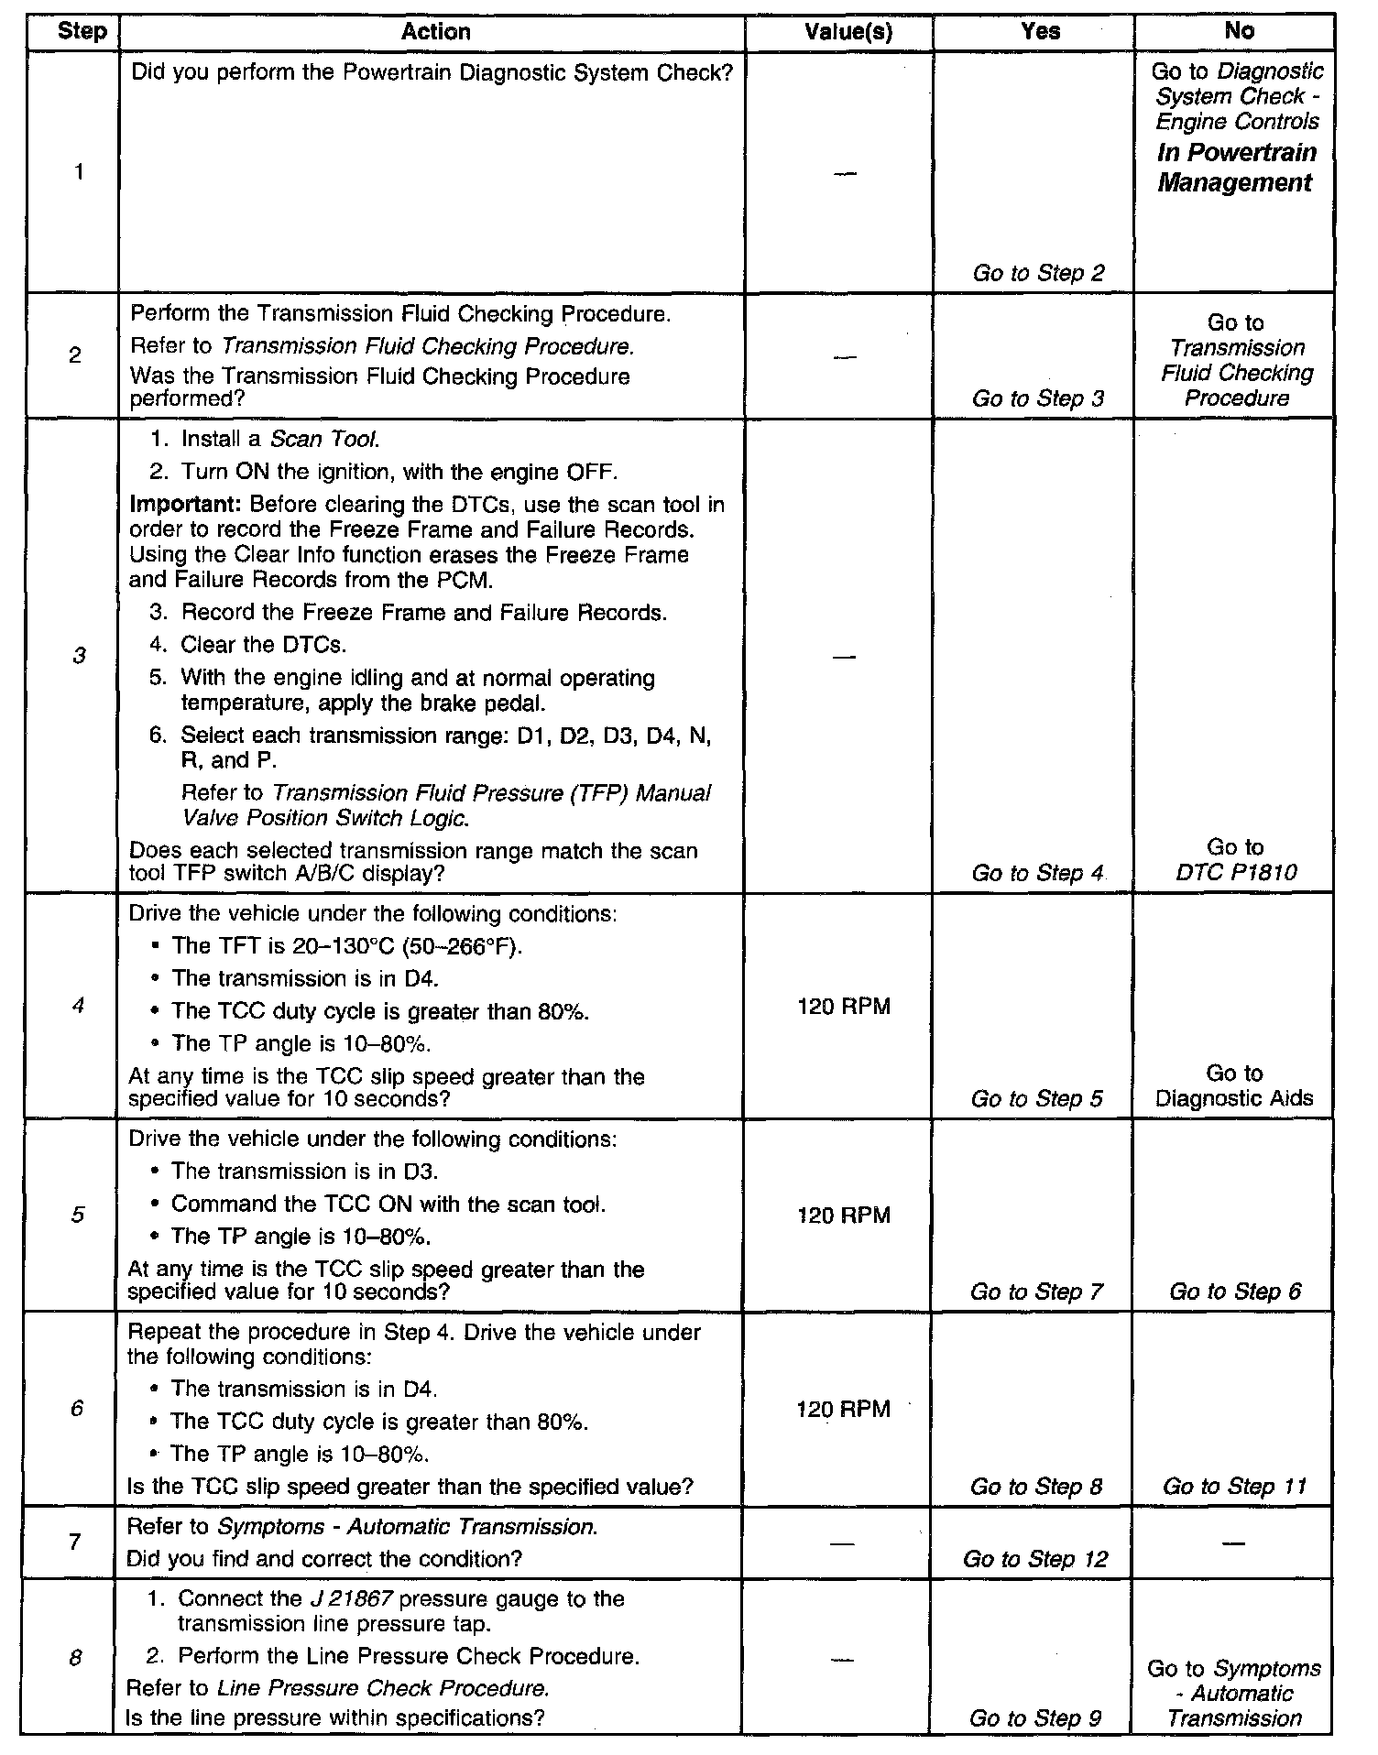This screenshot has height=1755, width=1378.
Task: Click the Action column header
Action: click(x=435, y=32)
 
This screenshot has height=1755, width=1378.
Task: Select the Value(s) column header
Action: click(x=847, y=32)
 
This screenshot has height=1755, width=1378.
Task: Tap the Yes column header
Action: click(x=1040, y=32)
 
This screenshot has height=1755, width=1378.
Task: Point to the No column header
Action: click(x=1239, y=31)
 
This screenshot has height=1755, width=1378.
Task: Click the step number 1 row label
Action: click(x=79, y=171)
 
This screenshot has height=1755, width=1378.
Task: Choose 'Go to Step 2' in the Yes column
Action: click(x=1038, y=272)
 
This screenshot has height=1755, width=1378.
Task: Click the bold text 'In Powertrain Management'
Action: click(x=1236, y=168)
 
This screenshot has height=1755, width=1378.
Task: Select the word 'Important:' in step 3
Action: click(x=186, y=505)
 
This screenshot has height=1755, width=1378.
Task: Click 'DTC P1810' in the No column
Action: click(x=1236, y=872)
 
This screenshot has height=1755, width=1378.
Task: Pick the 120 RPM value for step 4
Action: click(x=844, y=1007)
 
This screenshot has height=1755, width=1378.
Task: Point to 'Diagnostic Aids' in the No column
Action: click(x=1234, y=1098)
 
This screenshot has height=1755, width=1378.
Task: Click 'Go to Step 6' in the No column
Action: click(x=1234, y=1292)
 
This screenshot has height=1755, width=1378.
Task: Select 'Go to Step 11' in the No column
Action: click(x=1234, y=1486)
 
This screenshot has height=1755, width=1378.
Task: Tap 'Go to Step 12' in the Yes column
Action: click(x=1035, y=1559)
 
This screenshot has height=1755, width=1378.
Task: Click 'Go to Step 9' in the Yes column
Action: click(x=1035, y=1719)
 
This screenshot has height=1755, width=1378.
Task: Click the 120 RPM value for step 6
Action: click(x=844, y=1409)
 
